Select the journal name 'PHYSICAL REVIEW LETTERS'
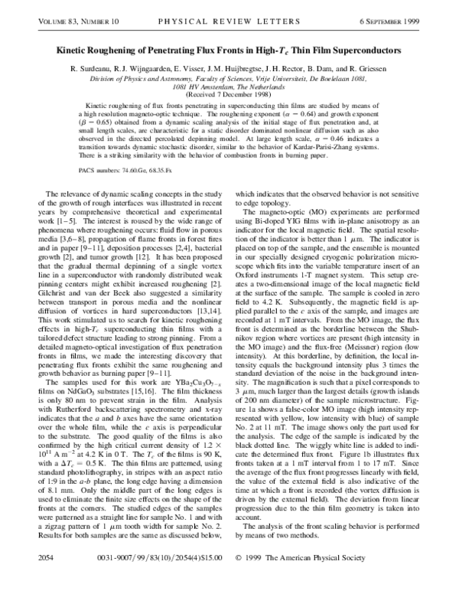[x=229, y=30]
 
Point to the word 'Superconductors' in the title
[x=363, y=50]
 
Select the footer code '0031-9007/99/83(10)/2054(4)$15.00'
[x=150, y=578]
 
